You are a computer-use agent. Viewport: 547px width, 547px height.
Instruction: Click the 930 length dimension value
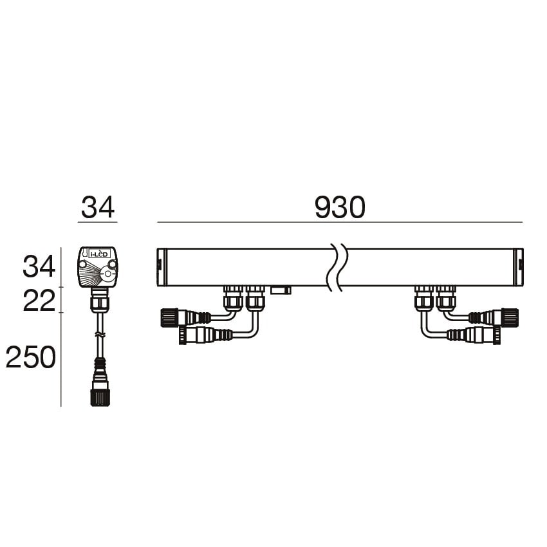(340, 208)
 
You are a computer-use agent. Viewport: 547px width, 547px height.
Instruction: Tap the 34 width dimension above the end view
(98, 208)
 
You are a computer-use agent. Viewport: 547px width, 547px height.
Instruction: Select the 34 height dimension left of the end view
(39, 266)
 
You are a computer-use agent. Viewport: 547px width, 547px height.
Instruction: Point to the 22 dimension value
(39, 301)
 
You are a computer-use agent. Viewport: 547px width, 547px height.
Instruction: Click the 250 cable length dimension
(31, 357)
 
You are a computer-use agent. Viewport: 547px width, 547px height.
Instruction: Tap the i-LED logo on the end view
(99, 254)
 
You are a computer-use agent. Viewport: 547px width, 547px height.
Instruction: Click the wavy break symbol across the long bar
(337, 268)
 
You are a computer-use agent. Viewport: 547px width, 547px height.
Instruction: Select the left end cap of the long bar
(162, 267)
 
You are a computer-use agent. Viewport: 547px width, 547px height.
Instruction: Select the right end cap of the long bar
(519, 267)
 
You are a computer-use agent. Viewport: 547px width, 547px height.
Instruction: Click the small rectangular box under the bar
(281, 290)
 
